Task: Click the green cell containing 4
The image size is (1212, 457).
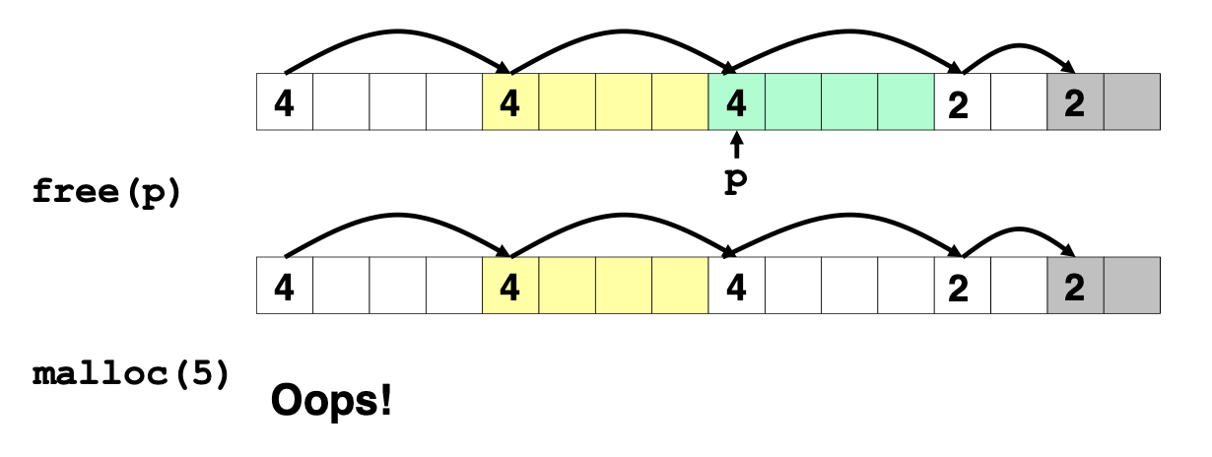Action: [736, 101]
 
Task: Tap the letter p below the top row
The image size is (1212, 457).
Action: [734, 184]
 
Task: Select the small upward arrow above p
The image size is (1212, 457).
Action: [735, 149]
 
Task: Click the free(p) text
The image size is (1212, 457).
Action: [106, 191]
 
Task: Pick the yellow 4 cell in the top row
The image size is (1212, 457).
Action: [509, 101]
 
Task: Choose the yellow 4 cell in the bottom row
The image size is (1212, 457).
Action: [509, 286]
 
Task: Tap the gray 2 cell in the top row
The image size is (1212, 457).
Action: [1075, 101]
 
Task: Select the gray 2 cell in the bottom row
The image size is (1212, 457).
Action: [1075, 286]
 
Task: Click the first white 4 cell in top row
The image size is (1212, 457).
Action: [285, 101]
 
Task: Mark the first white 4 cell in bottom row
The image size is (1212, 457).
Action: [285, 286]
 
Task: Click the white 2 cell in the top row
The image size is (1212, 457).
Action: [962, 101]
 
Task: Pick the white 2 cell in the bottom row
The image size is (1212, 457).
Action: [962, 286]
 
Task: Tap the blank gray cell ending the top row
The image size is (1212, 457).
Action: [1131, 101]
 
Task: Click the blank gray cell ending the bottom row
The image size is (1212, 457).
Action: [1131, 286]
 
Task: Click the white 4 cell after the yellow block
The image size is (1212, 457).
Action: [736, 286]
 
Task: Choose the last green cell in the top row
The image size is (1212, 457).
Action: [906, 101]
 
